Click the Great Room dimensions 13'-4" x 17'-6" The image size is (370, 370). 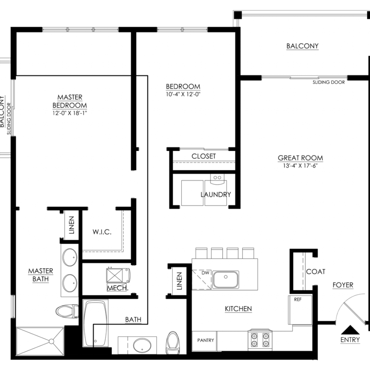[300, 165]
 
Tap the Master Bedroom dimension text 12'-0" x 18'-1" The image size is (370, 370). [70, 113]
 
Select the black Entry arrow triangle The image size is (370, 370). [350, 330]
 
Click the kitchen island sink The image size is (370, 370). [225, 279]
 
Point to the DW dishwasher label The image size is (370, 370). [205, 273]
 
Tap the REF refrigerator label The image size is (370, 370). [298, 300]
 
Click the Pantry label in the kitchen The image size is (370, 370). [206, 340]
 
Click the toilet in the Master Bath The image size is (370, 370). [67, 311]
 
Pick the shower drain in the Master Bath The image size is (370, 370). [51, 341]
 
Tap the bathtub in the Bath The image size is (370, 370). [95, 323]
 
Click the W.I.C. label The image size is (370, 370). [102, 232]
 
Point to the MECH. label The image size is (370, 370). [117, 288]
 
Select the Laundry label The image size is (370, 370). [216, 194]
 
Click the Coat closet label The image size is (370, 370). [315, 272]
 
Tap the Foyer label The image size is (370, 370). [343, 285]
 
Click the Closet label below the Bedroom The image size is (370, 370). [204, 156]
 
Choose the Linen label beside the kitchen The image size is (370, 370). [179, 281]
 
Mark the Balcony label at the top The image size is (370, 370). [302, 46]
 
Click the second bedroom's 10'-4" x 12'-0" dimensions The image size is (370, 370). [183, 94]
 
